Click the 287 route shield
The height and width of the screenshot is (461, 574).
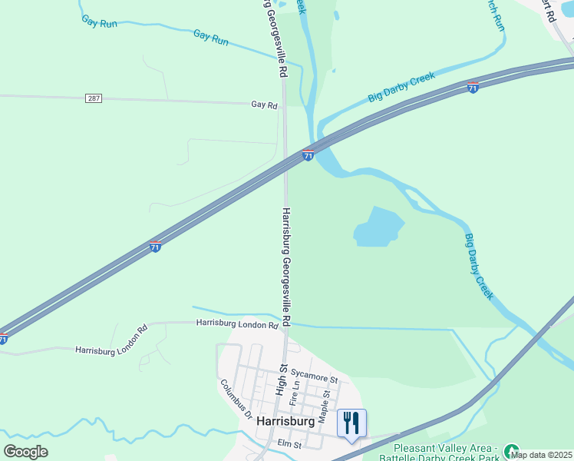click(x=94, y=98)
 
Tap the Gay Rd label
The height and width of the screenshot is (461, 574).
click(x=263, y=105)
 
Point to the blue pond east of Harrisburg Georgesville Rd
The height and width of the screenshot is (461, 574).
click(x=378, y=227)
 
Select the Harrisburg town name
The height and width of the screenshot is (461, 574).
click(x=285, y=422)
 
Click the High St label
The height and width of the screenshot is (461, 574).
click(x=281, y=380)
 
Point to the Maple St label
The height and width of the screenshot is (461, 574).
click(x=325, y=406)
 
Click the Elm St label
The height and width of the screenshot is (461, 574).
click(x=290, y=444)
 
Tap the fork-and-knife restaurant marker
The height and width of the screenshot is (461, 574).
click(x=351, y=423)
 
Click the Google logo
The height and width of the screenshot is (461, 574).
click(x=25, y=451)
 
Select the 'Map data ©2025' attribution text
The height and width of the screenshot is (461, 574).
click(x=541, y=455)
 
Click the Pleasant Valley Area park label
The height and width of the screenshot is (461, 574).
click(x=445, y=452)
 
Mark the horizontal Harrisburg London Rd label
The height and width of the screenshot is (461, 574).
click(x=236, y=325)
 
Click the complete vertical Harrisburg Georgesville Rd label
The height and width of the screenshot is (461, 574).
click(x=286, y=265)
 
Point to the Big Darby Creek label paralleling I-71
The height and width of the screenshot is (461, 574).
click(x=401, y=87)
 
